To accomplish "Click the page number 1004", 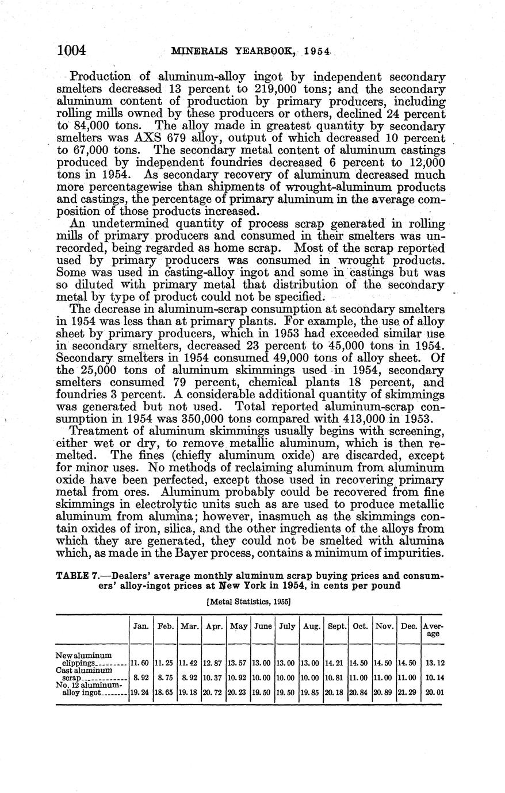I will [72, 51].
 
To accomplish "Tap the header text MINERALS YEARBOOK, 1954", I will [251, 52].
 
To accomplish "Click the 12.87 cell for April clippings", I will [213, 663].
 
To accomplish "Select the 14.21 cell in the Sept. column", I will [336, 663].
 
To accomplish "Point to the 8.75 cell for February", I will [166, 677].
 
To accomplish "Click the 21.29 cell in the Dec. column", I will [408, 692].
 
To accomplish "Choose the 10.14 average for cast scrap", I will [433, 677].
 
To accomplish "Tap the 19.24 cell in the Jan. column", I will [141, 692].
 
